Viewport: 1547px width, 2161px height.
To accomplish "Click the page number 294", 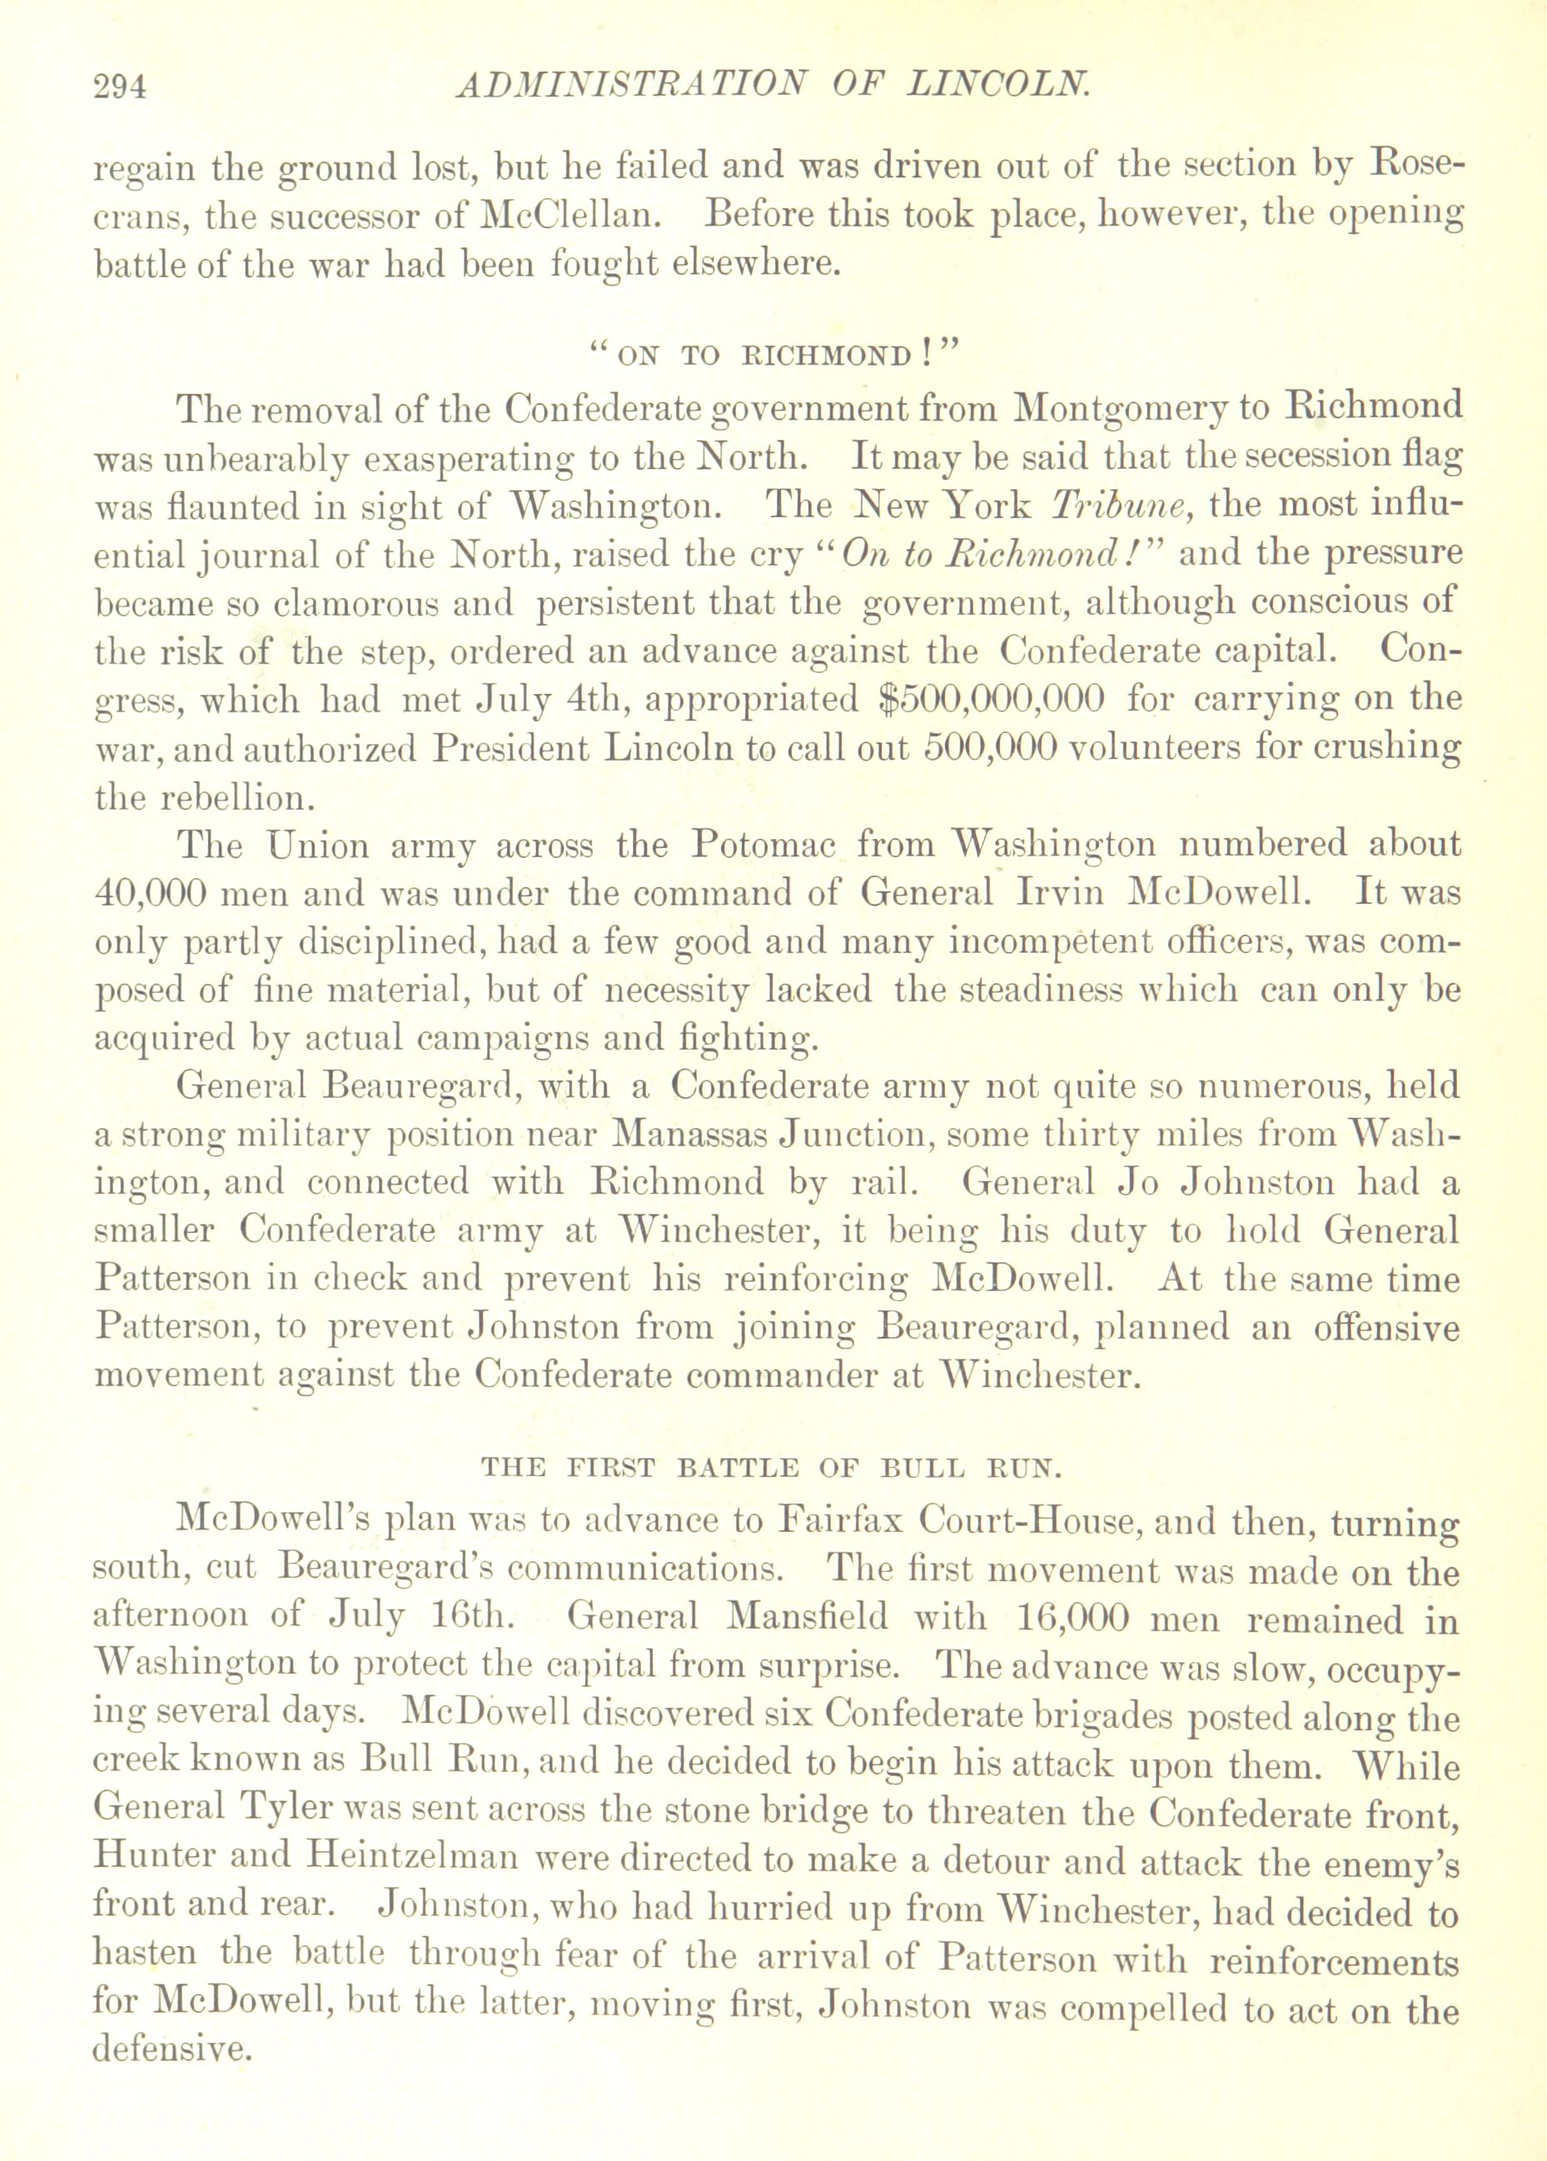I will tap(121, 87).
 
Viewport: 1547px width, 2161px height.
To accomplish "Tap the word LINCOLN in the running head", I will tap(999, 87).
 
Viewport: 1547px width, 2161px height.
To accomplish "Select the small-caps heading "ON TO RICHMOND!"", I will tap(773, 357).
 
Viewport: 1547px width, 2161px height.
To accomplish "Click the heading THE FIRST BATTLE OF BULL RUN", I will tap(771, 1467).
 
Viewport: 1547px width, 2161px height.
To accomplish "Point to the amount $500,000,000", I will tap(990, 698).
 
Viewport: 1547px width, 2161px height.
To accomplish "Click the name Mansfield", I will tap(806, 1618).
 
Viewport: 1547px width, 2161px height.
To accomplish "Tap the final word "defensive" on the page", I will tap(167, 2048).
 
